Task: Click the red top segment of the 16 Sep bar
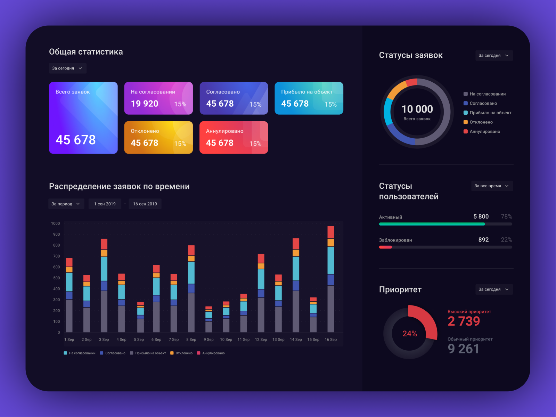[330, 232]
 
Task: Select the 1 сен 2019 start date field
[105, 204]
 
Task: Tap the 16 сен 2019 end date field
[145, 204]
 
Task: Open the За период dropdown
[66, 204]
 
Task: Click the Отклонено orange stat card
[158, 137]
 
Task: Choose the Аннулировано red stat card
[234, 137]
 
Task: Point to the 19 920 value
[145, 104]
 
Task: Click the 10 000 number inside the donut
[417, 109]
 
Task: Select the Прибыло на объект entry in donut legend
[490, 113]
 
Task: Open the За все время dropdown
[492, 186]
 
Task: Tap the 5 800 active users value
[481, 216]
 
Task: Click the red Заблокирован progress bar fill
[385, 247]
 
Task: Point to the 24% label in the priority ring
[410, 334]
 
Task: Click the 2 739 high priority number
[464, 321]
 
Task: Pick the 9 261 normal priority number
[463, 349]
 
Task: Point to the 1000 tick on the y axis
[56, 223]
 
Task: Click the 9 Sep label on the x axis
[208, 340]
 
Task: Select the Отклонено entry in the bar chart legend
[183, 353]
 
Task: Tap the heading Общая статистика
[86, 52]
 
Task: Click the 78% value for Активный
[506, 216]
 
